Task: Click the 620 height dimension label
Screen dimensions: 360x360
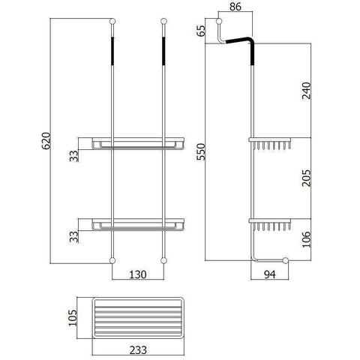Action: [x=46, y=141]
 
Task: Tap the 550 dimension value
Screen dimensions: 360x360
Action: [x=201, y=151]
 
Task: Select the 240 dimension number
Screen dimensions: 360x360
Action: [x=307, y=91]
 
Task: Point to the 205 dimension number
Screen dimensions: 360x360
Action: [x=307, y=178]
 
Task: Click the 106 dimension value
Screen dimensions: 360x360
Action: [x=307, y=239]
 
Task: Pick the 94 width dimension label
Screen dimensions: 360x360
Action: [x=270, y=274]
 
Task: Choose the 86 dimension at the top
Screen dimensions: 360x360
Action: [x=235, y=7]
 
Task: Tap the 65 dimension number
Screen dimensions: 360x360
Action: [x=201, y=31]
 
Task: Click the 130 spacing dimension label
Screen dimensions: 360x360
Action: [x=138, y=274]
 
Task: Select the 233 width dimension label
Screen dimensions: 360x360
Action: [x=138, y=350]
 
